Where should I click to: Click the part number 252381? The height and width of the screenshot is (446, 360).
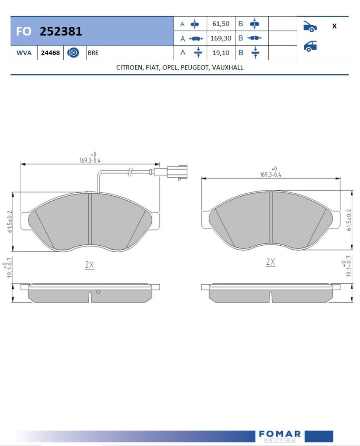(61, 31)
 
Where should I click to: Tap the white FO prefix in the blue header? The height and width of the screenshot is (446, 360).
(24, 31)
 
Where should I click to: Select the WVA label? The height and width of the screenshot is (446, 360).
(24, 53)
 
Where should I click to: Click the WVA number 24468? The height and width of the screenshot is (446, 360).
(50, 53)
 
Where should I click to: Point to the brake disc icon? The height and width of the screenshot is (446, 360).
(73, 52)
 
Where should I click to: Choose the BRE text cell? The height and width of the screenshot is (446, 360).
(93, 53)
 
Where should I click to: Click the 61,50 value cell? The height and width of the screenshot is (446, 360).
(221, 24)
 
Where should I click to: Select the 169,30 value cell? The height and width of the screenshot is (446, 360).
(221, 38)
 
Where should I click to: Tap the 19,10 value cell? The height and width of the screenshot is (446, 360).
(221, 52)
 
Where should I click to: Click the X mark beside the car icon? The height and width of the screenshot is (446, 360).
(334, 26)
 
